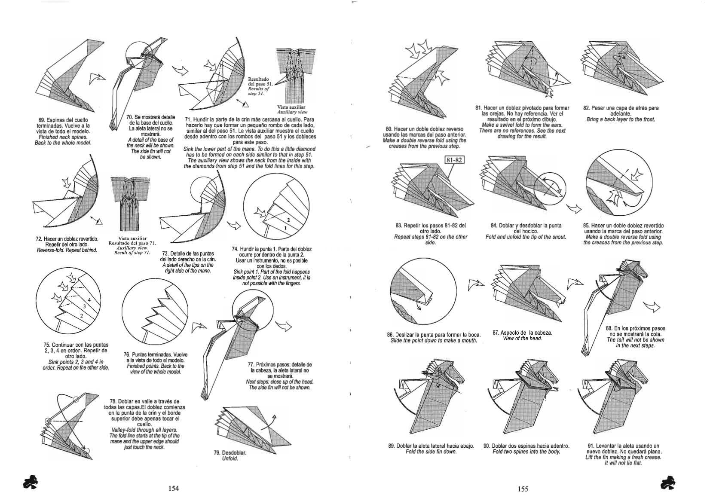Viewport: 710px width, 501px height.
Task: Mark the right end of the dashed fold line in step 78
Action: point(83,421)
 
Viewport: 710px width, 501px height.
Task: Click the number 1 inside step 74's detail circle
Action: point(285,228)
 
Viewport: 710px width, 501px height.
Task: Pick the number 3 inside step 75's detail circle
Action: point(84,306)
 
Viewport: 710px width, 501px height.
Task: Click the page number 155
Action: point(523,489)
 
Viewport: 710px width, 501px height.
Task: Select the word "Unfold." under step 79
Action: point(230,458)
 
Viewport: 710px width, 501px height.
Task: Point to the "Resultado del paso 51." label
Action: point(258,82)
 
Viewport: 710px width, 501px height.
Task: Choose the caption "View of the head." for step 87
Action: point(522,339)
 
